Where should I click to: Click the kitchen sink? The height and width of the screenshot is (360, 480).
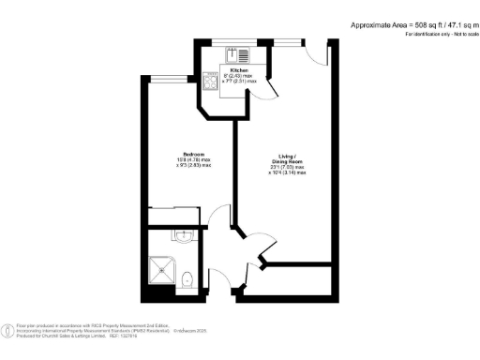click(x=242, y=53)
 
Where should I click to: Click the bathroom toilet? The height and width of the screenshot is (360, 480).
click(x=187, y=279)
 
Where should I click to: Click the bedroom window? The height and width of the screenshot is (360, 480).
click(x=168, y=78)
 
